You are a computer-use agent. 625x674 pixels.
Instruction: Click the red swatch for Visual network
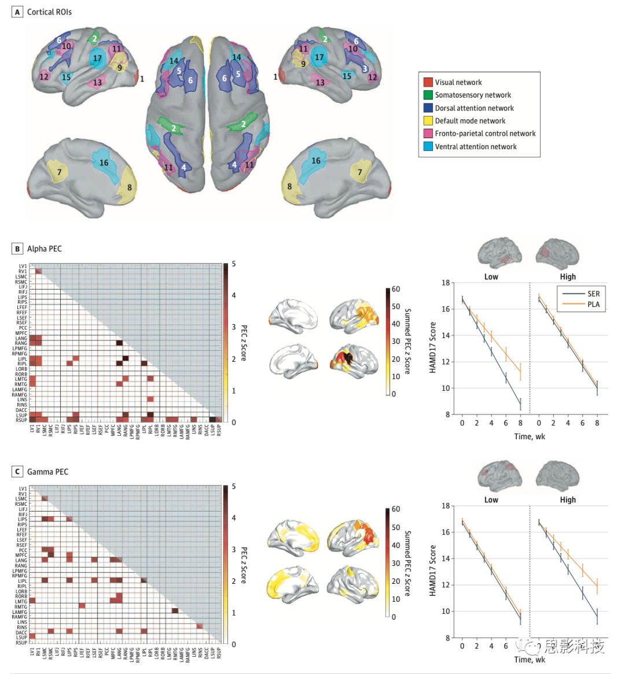[428, 83]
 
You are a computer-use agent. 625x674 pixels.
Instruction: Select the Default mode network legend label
[470, 121]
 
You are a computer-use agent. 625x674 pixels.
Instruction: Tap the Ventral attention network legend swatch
[428, 147]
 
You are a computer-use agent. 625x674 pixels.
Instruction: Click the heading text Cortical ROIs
[49, 12]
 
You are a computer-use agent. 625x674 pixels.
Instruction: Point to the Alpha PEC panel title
[44, 249]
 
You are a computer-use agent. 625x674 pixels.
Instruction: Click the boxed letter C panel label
[17, 472]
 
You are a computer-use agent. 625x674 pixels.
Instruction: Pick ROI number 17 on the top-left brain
[97, 58]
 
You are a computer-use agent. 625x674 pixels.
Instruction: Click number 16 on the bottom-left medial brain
[104, 162]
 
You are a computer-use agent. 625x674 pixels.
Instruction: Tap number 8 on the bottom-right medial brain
[290, 186]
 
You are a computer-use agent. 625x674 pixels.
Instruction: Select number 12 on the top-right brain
[372, 77]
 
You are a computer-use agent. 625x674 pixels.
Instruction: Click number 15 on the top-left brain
[67, 77]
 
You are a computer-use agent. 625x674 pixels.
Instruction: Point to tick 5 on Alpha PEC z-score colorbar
[234, 264]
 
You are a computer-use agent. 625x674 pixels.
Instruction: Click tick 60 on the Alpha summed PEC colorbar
[396, 289]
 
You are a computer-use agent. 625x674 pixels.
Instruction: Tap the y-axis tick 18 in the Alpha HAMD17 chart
[446, 283]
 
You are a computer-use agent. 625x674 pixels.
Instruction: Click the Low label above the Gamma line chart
[491, 499]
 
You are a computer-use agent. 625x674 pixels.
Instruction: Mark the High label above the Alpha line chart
[568, 276]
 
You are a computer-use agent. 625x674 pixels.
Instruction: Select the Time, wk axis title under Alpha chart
[530, 436]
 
